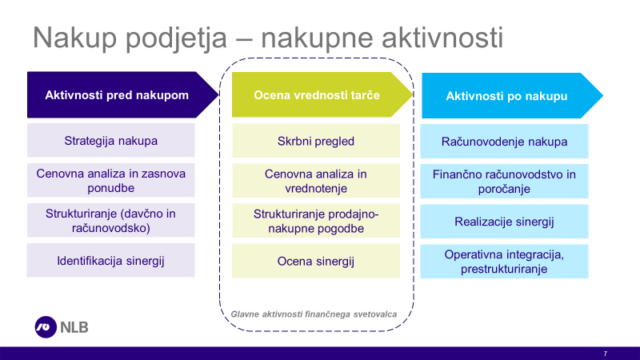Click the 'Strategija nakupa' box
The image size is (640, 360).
111,141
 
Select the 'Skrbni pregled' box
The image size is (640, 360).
316,141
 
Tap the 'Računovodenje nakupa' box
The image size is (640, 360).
504,142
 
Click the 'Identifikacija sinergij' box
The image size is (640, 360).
111,261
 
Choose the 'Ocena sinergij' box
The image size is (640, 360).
316,261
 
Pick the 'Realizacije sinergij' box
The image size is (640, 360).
504,222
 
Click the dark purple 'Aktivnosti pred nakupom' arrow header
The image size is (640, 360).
122,95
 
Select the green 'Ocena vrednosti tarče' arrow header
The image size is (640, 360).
322,94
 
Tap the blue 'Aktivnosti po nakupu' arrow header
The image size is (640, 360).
512,96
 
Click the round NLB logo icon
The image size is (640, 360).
46,327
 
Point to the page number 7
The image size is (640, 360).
606,354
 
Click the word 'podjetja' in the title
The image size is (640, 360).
176,38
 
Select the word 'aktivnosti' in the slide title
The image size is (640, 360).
442,37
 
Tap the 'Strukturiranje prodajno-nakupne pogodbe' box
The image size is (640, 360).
316,221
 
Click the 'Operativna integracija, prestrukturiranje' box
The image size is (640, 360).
504,262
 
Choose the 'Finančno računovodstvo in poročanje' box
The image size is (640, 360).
504,182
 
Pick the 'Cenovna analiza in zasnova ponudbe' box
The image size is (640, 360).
111,181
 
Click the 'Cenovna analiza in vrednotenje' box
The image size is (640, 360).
316,181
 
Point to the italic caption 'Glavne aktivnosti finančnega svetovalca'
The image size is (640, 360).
314,314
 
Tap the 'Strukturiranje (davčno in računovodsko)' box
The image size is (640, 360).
111,221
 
